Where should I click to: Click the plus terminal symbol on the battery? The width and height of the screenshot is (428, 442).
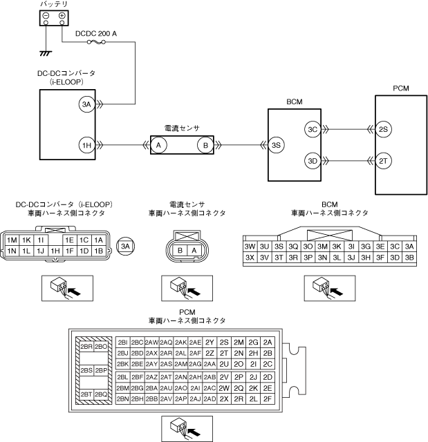(x=61, y=15)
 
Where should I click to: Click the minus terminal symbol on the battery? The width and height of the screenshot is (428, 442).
(x=46, y=15)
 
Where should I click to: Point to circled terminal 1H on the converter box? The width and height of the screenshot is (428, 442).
(x=86, y=145)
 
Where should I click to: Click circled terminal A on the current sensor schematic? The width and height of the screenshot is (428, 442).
(x=158, y=145)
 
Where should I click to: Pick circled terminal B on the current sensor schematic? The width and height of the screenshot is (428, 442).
(x=205, y=145)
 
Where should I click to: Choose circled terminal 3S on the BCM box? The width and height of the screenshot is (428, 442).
(x=277, y=145)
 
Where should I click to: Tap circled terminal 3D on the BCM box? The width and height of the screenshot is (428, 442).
(x=312, y=161)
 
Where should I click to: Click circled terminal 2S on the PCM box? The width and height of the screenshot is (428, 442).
(x=385, y=129)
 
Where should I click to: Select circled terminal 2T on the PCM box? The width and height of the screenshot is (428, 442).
(x=385, y=161)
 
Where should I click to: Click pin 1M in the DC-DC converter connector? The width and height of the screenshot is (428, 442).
(x=12, y=240)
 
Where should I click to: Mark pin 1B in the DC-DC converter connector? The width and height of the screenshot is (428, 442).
(x=99, y=251)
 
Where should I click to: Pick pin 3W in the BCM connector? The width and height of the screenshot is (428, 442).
(x=250, y=247)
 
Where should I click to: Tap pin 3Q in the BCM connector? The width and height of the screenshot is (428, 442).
(x=293, y=247)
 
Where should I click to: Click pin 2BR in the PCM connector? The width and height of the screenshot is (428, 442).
(x=86, y=347)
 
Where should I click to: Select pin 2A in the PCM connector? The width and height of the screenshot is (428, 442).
(x=268, y=342)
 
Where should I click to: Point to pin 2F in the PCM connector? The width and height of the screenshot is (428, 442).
(x=268, y=398)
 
